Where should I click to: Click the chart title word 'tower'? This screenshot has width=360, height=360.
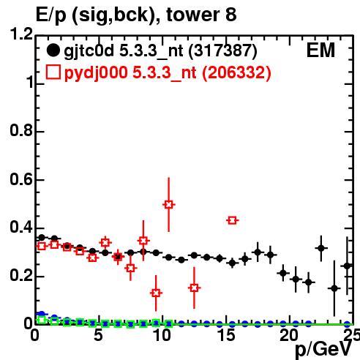(193, 15)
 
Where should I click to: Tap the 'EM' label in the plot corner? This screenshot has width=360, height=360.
(320, 50)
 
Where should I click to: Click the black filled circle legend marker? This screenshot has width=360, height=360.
(53, 50)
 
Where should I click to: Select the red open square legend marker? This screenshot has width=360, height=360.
(53, 72)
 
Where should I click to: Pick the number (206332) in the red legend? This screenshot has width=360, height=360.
(236, 72)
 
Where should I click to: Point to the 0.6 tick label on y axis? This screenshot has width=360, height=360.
(21, 180)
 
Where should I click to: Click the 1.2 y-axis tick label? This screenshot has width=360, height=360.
(21, 34)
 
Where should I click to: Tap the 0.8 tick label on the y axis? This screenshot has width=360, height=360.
(21, 131)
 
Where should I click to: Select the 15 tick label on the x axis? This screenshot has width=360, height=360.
(227, 335)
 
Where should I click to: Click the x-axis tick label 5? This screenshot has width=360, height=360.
(98, 335)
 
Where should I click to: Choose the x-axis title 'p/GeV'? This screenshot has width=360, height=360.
(323, 350)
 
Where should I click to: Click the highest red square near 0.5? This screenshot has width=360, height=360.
(169, 205)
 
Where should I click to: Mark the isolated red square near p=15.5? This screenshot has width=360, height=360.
(232, 220)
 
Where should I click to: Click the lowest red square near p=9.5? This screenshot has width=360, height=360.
(156, 293)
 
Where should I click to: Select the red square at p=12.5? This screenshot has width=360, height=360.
(194, 288)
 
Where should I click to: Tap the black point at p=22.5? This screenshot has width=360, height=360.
(321, 248)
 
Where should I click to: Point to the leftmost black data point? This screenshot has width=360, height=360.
(42, 237)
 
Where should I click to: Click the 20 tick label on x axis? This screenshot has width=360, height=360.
(290, 335)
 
